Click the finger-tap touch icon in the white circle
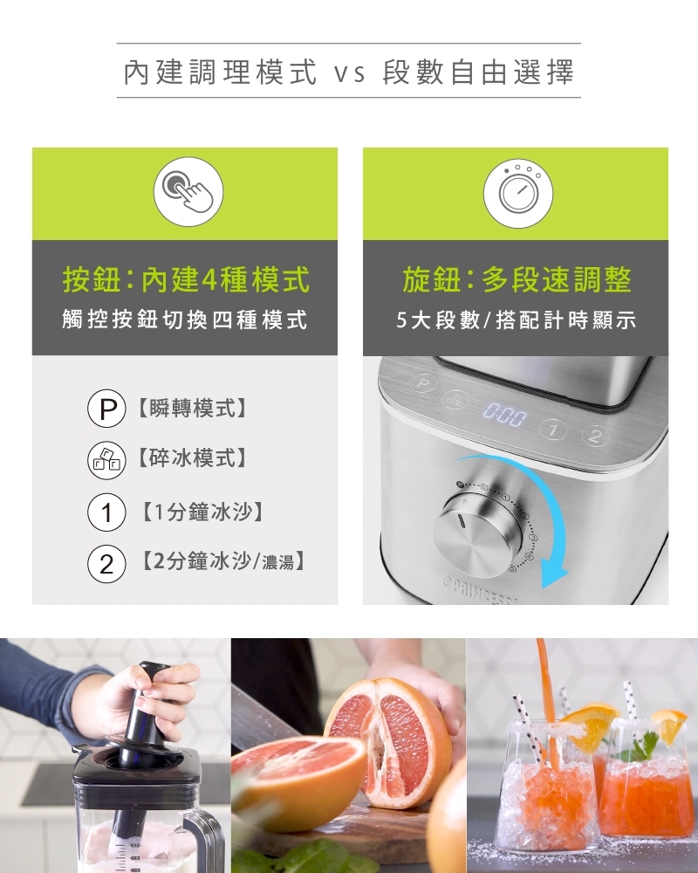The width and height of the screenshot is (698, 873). coord(188,191)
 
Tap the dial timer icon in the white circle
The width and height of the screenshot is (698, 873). coord(519,192)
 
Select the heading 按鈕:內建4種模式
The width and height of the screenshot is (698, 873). coord(186,279)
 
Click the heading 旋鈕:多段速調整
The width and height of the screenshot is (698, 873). coord(517,279)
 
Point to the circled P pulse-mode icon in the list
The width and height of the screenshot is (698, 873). coord(106,408)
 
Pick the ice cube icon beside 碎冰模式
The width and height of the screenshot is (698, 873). coord(106,460)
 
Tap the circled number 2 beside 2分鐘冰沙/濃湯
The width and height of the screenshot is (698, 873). coord(106,564)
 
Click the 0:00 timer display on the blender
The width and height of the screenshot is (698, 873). coord(504,416)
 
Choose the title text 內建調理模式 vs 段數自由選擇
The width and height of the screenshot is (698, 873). coord(348,72)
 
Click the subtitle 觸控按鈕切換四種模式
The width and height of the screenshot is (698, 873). coord(185,320)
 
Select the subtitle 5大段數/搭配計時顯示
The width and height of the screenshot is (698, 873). coord(516,320)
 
